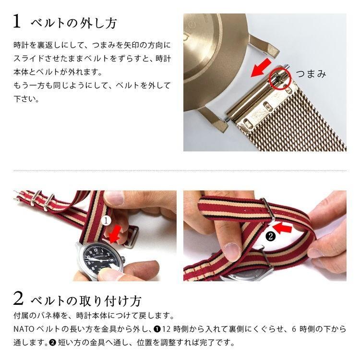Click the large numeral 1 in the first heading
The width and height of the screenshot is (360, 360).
[x=17, y=22]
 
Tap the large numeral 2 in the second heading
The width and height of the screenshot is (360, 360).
[x=18, y=300]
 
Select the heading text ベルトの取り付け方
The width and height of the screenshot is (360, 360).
[x=86, y=301]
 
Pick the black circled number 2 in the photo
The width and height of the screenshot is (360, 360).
[x=270, y=236]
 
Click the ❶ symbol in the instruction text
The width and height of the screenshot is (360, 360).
[x=157, y=330]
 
